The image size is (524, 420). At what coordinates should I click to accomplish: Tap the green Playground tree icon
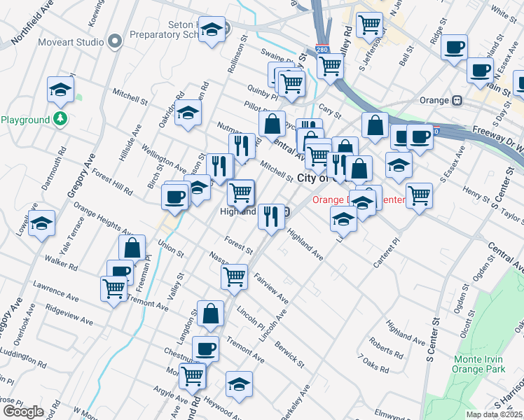point(62,120)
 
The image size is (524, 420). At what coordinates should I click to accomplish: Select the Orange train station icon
point(456,100)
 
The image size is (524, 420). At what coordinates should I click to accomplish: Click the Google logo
point(22,412)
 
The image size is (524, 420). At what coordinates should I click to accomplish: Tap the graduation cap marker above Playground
point(61,90)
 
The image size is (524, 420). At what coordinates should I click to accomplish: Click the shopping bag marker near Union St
point(132,248)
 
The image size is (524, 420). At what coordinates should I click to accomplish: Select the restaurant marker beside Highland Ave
point(270,216)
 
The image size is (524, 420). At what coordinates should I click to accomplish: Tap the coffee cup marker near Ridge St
point(454,48)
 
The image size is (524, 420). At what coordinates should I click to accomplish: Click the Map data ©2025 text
point(494,414)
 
